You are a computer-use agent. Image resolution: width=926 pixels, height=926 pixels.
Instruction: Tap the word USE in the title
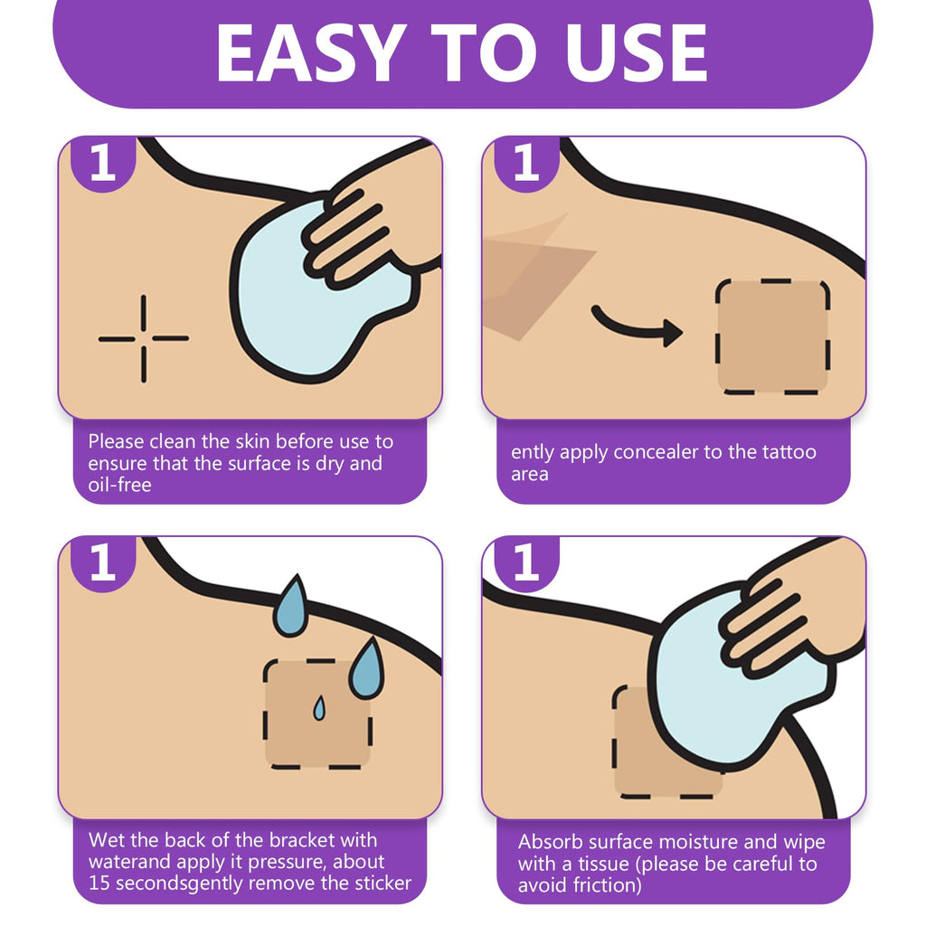(x=636, y=53)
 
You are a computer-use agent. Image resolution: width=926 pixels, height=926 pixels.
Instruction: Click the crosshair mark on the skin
(x=144, y=338)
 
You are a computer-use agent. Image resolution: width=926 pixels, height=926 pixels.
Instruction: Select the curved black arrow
(x=637, y=327)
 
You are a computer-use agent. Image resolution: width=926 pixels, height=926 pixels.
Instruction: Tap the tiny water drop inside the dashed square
(x=319, y=708)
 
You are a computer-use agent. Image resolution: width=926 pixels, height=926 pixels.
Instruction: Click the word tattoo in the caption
(x=789, y=452)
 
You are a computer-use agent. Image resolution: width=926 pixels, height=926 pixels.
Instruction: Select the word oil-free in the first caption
(x=120, y=485)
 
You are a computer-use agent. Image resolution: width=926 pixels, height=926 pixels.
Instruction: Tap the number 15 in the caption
(x=99, y=883)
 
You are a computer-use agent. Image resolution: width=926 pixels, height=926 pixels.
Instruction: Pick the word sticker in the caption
(x=383, y=883)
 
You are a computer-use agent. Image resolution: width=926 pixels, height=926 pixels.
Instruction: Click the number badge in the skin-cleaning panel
(x=103, y=164)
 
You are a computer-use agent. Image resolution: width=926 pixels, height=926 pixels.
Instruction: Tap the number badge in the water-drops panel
(x=103, y=562)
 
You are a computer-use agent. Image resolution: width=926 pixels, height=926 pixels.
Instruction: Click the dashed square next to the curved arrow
(x=773, y=336)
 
